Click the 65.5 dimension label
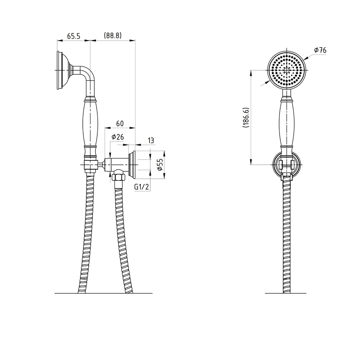[x=73, y=36]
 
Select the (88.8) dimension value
[x=113, y=36]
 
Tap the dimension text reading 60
[x=120, y=124]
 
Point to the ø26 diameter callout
[x=118, y=137]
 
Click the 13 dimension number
[x=151, y=140]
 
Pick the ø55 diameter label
[x=160, y=164]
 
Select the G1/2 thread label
[x=142, y=187]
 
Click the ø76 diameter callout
[x=320, y=50]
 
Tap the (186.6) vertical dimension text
[x=246, y=117]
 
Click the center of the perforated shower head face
[x=287, y=70]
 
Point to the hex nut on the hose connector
[x=118, y=177]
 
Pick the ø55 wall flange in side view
[x=131, y=164]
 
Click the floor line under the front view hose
[x=285, y=293]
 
